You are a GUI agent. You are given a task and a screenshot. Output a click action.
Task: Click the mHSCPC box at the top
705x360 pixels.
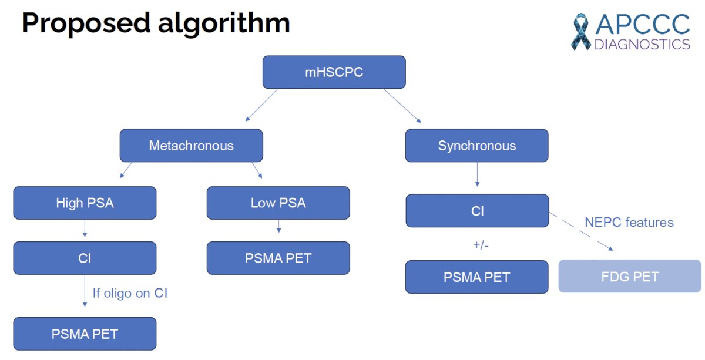[x=334, y=72]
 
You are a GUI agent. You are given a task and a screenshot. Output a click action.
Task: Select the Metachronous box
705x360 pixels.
[x=192, y=146]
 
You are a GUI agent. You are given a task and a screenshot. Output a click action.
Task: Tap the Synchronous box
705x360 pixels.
[x=477, y=146]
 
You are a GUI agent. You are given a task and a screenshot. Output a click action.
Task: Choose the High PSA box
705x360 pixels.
[x=85, y=203]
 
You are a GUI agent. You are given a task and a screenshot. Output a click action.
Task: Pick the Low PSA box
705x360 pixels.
[x=278, y=203]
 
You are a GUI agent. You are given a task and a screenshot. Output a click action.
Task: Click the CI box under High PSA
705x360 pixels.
[x=85, y=258]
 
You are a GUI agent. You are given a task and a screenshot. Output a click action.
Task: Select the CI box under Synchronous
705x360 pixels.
[x=478, y=211]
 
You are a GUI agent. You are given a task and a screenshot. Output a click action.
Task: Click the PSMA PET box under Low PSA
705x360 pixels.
[x=278, y=258]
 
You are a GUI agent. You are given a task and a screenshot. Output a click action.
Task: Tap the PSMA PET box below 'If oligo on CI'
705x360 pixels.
[x=85, y=334]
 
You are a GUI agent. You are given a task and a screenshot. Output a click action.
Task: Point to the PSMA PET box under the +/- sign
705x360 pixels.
[x=477, y=277]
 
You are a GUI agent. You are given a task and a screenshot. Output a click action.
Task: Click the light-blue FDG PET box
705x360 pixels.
[x=630, y=276]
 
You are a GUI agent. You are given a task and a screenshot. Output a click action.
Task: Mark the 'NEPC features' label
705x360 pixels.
[x=629, y=222]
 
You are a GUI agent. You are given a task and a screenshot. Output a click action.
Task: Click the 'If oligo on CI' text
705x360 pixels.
[x=130, y=293]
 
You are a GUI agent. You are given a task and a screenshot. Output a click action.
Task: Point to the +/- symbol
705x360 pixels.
[x=481, y=245]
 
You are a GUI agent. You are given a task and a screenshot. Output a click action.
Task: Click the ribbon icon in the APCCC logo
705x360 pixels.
[x=581, y=32]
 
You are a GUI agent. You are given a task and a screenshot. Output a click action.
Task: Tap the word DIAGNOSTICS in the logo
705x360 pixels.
[x=642, y=45]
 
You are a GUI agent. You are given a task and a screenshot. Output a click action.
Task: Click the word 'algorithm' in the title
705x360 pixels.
[x=224, y=23]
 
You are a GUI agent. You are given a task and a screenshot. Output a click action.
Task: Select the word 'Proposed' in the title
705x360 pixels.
[x=86, y=23]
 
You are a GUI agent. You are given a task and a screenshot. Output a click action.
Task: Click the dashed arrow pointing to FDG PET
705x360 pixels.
[x=581, y=231]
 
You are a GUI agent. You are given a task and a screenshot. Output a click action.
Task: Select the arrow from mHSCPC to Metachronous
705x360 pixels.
[x=261, y=105]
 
